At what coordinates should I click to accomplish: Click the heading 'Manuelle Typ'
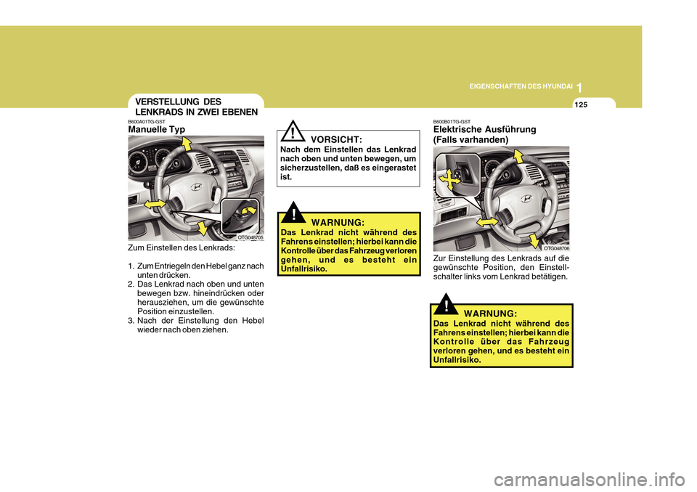pos(156,129)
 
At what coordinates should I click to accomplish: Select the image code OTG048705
pos(250,237)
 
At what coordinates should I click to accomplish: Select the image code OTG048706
pos(555,247)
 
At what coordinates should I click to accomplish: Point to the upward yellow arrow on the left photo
pos(187,145)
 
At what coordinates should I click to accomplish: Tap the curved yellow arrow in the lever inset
pos(250,211)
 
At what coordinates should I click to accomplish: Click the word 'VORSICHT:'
pos(336,139)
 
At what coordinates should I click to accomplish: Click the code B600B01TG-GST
pos(452,121)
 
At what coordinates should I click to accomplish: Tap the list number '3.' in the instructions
pos(131,321)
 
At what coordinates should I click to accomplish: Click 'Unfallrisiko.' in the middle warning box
pos(303,268)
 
